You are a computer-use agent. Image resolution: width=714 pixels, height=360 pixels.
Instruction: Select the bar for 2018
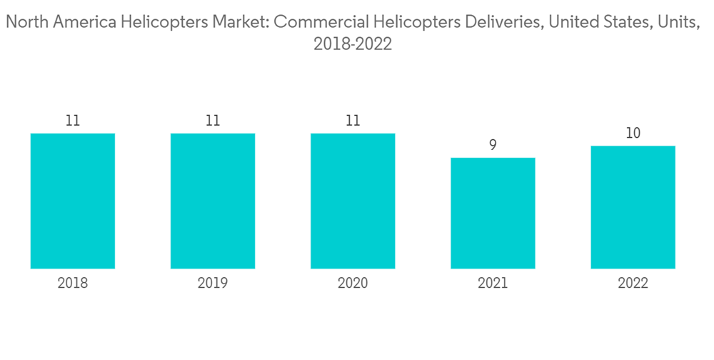point(73,201)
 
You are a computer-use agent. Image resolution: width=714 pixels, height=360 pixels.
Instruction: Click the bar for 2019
point(213,201)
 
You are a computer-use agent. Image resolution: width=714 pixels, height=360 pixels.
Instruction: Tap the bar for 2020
point(353,201)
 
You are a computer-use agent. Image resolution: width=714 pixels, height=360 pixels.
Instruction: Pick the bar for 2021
point(493,213)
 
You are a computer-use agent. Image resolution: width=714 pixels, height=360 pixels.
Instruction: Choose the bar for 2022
point(633,207)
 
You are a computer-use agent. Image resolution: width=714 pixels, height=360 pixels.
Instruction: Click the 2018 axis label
point(73,284)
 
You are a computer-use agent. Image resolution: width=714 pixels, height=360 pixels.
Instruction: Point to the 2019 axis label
point(213,284)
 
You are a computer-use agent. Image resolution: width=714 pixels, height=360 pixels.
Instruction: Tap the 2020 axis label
point(353,284)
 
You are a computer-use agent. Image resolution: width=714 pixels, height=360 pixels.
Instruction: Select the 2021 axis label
point(493,284)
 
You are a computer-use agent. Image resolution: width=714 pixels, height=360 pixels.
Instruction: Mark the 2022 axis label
point(633,284)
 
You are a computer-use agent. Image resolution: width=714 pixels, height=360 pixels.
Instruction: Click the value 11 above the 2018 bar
point(73,121)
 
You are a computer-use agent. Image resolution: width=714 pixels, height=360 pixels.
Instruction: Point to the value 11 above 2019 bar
point(213,121)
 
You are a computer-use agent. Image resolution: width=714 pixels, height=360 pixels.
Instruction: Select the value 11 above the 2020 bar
point(353,121)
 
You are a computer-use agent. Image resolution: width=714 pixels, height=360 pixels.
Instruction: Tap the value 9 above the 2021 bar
point(493,145)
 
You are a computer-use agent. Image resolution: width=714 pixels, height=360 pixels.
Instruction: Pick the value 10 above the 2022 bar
point(633,133)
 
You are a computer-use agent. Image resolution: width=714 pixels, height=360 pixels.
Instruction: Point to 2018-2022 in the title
point(353,44)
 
